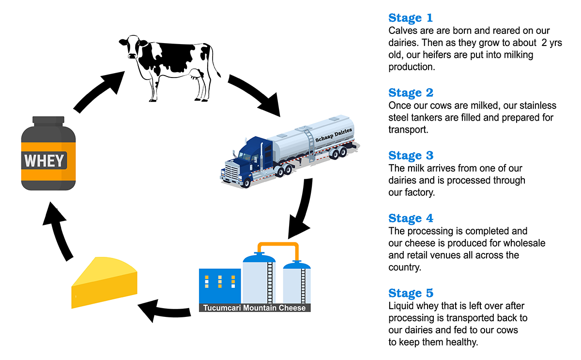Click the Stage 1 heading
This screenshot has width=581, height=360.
click(411, 18)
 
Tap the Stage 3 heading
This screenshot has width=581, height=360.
click(411, 156)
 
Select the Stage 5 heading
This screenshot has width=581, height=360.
click(411, 293)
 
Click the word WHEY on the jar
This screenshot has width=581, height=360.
click(44, 161)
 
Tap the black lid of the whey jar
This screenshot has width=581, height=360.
click(48, 121)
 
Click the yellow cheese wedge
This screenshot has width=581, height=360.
click(104, 282)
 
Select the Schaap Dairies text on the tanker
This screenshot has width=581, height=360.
click(334, 135)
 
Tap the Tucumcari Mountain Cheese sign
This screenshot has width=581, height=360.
click(255, 308)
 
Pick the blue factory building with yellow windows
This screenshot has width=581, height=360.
click(220, 286)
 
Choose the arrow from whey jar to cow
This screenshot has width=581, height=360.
click(99, 91)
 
